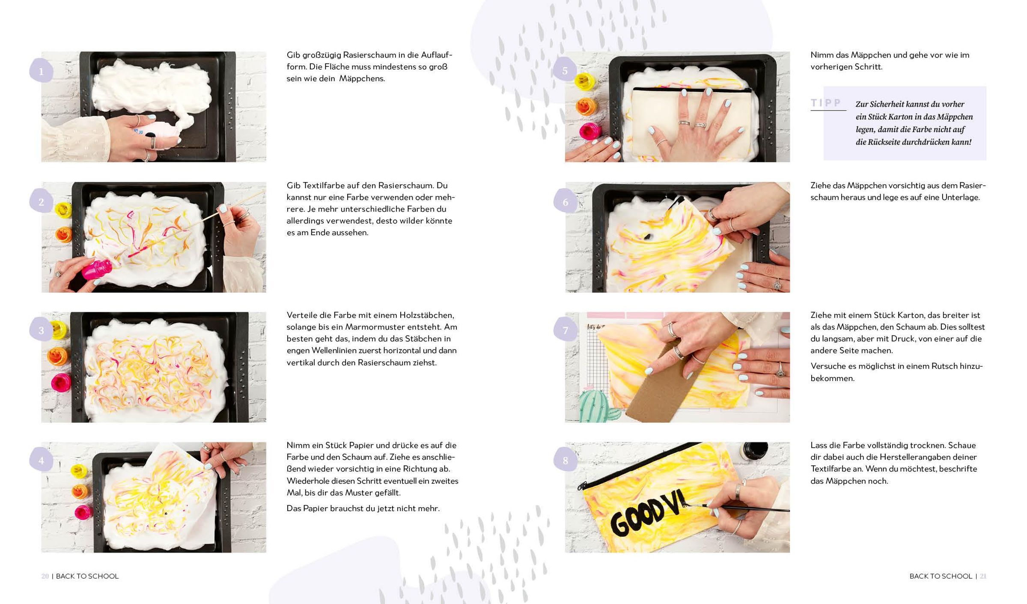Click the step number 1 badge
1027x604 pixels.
[41, 71]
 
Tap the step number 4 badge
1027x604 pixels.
[41, 460]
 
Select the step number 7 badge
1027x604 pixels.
[565, 330]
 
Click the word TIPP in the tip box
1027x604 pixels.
[826, 103]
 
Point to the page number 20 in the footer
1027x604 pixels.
[45, 576]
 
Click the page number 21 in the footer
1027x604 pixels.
[983, 576]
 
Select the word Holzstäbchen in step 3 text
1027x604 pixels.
[427, 315]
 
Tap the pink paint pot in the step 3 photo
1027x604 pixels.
[61, 382]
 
